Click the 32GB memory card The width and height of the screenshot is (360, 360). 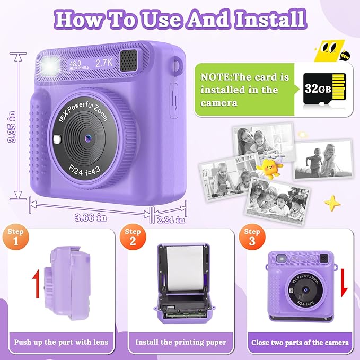click(x=323, y=87)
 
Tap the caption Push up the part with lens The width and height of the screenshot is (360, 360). click(x=61, y=343)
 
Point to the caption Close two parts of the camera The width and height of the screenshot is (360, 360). click(x=300, y=343)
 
